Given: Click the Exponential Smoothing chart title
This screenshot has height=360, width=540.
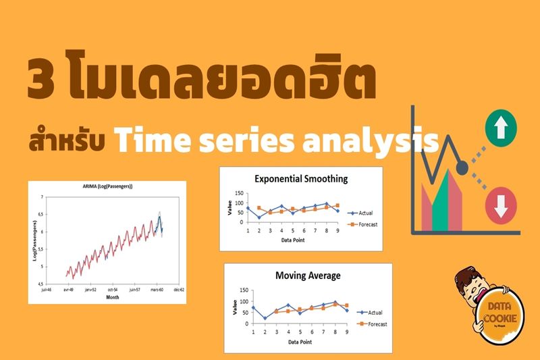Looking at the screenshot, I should click(x=300, y=179).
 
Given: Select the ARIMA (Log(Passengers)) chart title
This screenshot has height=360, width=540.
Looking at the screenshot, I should click(x=103, y=186).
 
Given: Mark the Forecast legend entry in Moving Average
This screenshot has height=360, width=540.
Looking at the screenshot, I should click(x=373, y=324).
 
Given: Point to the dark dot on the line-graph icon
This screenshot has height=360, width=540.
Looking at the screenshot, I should click(x=463, y=165).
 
